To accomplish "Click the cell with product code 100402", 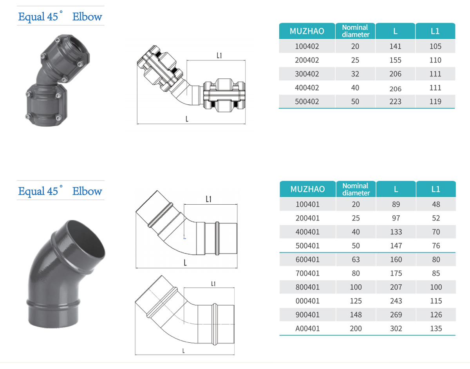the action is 307,46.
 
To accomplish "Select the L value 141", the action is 395,46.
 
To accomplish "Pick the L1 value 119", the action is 435,102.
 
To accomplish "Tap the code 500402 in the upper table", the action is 307,102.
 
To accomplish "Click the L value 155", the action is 395,60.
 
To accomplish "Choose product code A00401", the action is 307,329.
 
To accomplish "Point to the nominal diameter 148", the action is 356,314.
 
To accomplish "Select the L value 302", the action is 396,329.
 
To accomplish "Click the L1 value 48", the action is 436,204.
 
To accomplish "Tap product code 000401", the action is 307,301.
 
